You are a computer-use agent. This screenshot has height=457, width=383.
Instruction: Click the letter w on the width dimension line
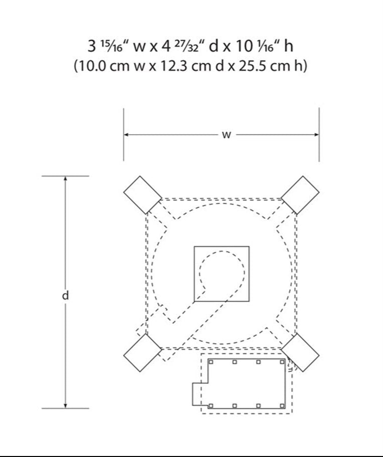point(226,135)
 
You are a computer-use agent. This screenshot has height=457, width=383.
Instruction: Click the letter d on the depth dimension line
point(65,295)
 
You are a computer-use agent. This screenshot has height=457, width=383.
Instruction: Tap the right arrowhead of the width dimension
point(316,135)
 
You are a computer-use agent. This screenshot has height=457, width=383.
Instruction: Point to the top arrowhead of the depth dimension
point(65,178)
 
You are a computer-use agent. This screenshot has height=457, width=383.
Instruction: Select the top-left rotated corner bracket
point(143,195)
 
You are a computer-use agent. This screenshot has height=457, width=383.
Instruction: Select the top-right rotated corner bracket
point(300,195)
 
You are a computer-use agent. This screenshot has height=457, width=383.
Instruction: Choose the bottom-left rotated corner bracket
point(143,352)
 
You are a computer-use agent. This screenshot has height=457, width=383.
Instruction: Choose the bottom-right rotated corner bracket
point(300,352)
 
